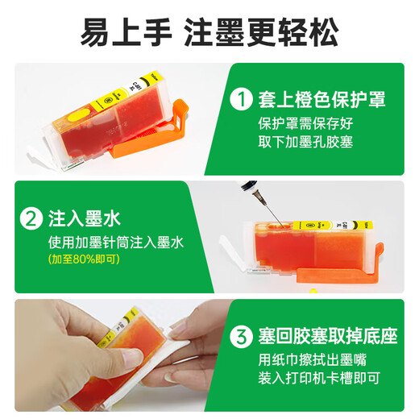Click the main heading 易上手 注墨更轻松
coord(209,33)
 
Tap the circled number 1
coord(241,99)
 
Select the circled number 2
coord(31,218)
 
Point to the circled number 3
coord(241,336)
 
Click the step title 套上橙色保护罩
coord(322,99)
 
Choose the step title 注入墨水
coord(85,218)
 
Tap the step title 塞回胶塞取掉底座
coord(328,336)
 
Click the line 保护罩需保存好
coord(305,123)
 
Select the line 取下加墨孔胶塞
coord(305,142)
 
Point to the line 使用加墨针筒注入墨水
coord(116,243)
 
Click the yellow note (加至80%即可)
coord(84,259)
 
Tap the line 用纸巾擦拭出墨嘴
coord(313,359)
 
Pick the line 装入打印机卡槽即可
coord(319,378)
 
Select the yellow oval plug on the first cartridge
coord(78,114)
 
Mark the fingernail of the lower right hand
coord(171,377)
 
